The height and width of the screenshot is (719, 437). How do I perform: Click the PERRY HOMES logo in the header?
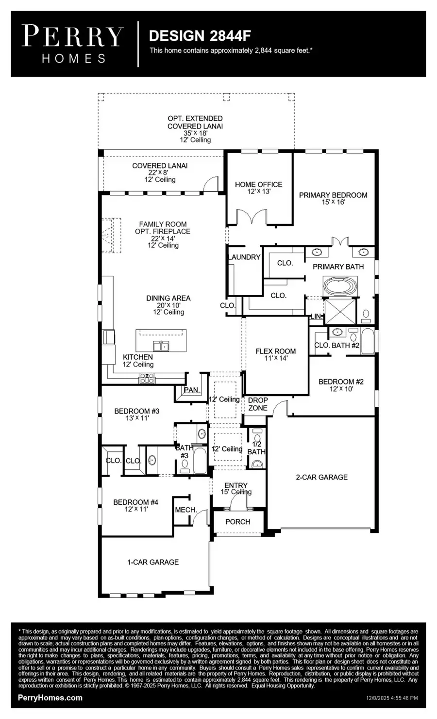tap(73, 44)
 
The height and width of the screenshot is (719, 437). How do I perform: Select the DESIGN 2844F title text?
tap(200, 35)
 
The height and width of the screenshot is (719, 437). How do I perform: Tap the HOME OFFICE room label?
tap(258, 185)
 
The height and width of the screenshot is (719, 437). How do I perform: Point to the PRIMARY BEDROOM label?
tap(333, 195)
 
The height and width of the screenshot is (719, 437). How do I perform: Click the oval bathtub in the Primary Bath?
tap(340, 286)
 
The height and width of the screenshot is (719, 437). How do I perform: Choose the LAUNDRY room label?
tap(244, 257)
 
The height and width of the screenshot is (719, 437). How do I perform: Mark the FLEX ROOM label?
tap(276, 351)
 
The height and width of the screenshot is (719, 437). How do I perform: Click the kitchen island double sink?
tap(161, 346)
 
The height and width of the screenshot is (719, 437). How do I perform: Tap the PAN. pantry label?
tap(191, 390)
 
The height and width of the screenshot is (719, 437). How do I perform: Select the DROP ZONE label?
tap(258, 404)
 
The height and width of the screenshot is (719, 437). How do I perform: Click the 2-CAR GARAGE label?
tap(322, 477)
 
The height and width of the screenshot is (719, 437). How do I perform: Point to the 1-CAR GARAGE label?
tap(153, 562)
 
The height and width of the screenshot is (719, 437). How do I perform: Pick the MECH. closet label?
tap(186, 510)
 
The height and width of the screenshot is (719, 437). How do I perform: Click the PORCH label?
tap(238, 522)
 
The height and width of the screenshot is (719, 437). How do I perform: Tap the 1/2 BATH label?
tap(256, 448)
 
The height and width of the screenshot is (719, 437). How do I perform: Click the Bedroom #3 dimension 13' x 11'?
tap(136, 418)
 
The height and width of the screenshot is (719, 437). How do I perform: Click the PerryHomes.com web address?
tap(50, 698)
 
